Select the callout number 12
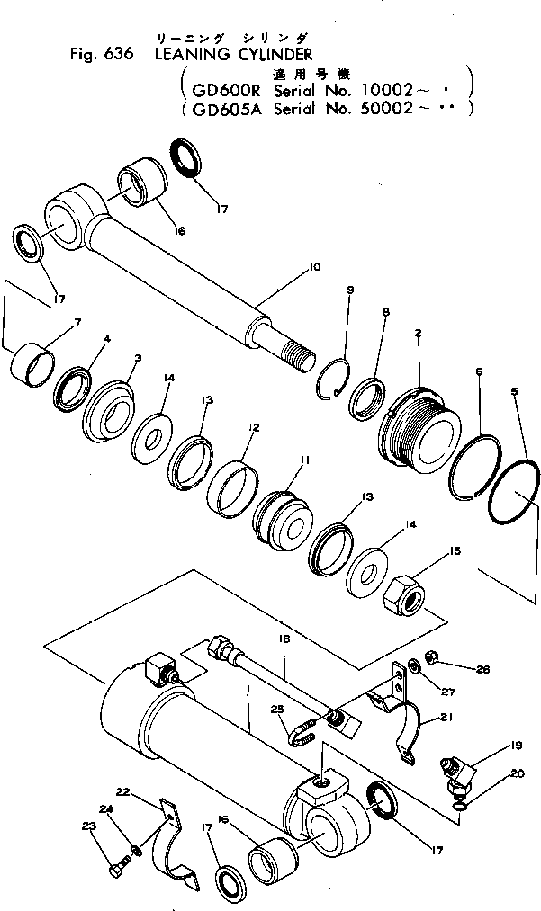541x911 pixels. [255, 428]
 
